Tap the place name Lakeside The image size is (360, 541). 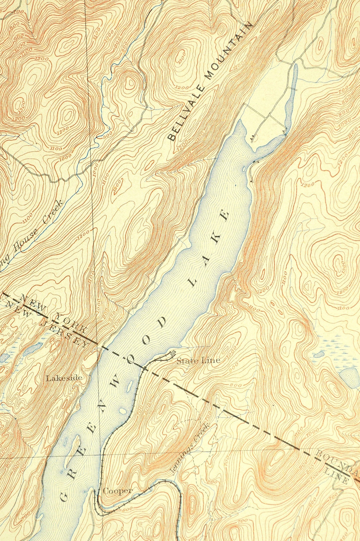(64, 378)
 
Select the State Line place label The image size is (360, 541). (198, 360)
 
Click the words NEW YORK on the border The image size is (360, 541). (54, 313)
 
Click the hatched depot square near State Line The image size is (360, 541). (172, 353)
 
